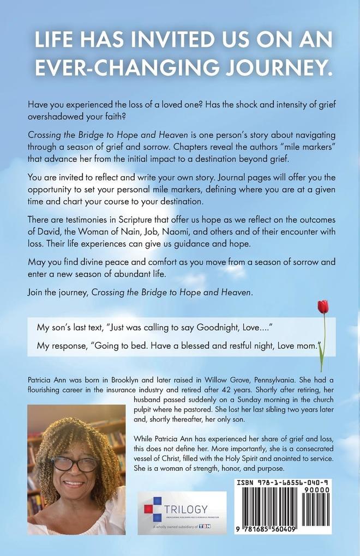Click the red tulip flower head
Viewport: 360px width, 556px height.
[322, 306]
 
